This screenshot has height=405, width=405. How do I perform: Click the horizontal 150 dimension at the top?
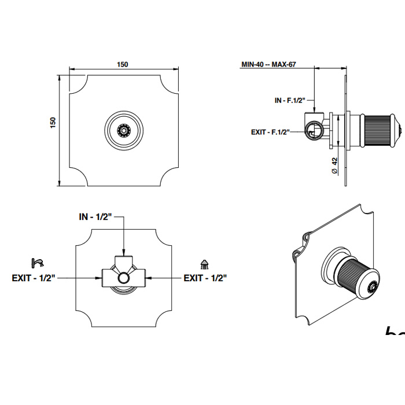point(123,65)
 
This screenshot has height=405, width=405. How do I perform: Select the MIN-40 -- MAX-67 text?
point(268,64)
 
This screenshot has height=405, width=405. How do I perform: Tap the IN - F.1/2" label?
point(290,100)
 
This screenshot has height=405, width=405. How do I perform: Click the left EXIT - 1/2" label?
point(33,278)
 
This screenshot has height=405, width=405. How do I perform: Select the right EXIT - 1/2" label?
point(205,278)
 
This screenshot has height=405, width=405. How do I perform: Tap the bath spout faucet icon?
point(38,264)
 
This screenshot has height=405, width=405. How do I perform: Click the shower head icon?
point(204,264)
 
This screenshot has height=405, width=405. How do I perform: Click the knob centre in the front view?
point(123,129)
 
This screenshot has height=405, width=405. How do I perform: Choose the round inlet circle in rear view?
point(123,279)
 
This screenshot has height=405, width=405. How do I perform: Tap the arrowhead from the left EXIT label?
point(99,278)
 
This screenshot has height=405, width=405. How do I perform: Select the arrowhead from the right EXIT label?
point(148,278)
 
